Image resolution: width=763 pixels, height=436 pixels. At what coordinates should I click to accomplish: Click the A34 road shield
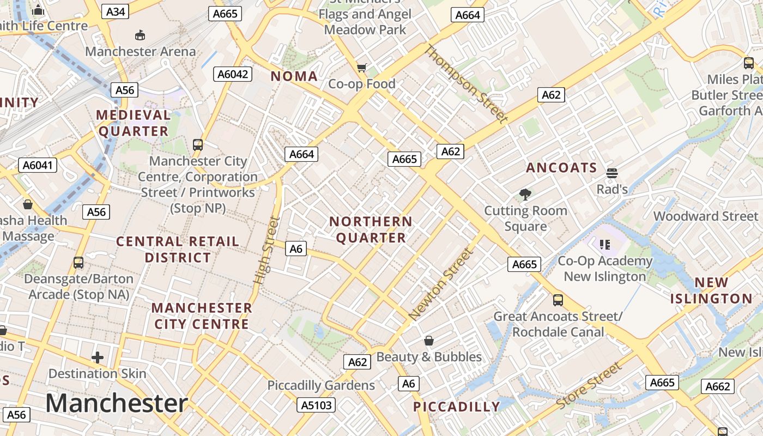click(116, 11)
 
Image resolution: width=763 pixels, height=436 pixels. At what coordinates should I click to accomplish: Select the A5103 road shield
click(317, 405)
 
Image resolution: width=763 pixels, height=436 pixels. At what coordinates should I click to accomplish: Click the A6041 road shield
click(38, 165)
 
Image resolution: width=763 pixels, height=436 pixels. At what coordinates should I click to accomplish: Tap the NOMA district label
click(294, 76)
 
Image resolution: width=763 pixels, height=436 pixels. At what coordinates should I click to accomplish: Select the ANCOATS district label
click(561, 168)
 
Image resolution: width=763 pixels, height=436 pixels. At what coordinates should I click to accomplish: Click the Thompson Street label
click(466, 84)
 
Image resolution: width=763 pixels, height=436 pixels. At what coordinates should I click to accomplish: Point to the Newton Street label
click(441, 284)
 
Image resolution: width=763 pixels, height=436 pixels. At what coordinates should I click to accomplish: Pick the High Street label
click(267, 250)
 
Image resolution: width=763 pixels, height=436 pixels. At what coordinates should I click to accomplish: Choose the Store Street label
click(589, 386)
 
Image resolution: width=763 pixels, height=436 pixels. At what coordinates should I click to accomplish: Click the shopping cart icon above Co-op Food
click(361, 68)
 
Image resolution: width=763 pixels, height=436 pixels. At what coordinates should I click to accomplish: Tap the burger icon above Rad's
click(611, 173)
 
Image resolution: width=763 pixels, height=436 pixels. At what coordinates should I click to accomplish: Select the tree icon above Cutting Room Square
click(525, 194)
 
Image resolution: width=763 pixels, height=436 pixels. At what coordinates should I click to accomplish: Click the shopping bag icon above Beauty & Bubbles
click(429, 341)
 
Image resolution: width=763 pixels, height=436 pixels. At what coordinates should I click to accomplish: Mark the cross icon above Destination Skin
click(98, 358)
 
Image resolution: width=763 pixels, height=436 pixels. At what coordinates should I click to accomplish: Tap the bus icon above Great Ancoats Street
click(558, 300)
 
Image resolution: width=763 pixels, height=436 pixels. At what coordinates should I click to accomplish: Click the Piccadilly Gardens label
click(321, 385)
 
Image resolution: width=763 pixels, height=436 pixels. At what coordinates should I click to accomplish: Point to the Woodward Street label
click(706, 216)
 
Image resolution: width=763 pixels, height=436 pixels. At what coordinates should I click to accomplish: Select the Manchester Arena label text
click(141, 52)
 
